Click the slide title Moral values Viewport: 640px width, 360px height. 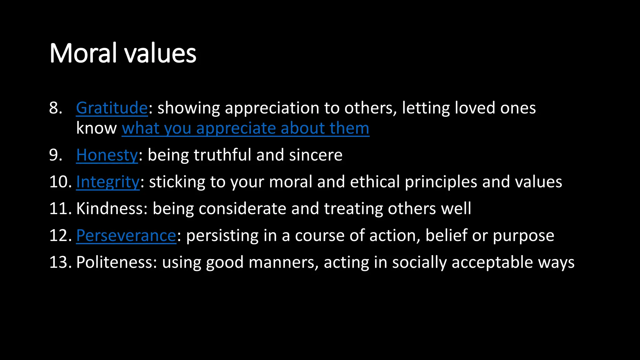pyautogui.click(x=123, y=53)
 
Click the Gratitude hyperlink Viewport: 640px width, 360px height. pyautogui.click(x=112, y=108)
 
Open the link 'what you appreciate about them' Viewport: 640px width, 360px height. pyautogui.click(x=245, y=128)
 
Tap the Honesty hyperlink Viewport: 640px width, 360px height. pyautogui.click(x=107, y=155)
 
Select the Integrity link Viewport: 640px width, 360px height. pyautogui.click(x=108, y=182)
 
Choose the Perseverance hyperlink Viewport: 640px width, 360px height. pyautogui.click(x=126, y=235)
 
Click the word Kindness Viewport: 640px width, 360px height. pyautogui.click(x=110, y=208)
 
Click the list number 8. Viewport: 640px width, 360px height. pyautogui.click(x=56, y=108)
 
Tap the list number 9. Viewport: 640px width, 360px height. pyautogui.click(x=56, y=155)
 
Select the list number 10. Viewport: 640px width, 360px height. pyautogui.click(x=60, y=182)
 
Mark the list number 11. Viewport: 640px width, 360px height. pyautogui.click(x=60, y=208)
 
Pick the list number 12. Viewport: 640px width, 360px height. pyautogui.click(x=60, y=235)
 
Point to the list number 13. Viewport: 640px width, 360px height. pyautogui.click(x=60, y=262)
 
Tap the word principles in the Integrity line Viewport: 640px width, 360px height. pyautogui.click(x=441, y=182)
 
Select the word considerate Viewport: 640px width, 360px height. pyautogui.click(x=242, y=208)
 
